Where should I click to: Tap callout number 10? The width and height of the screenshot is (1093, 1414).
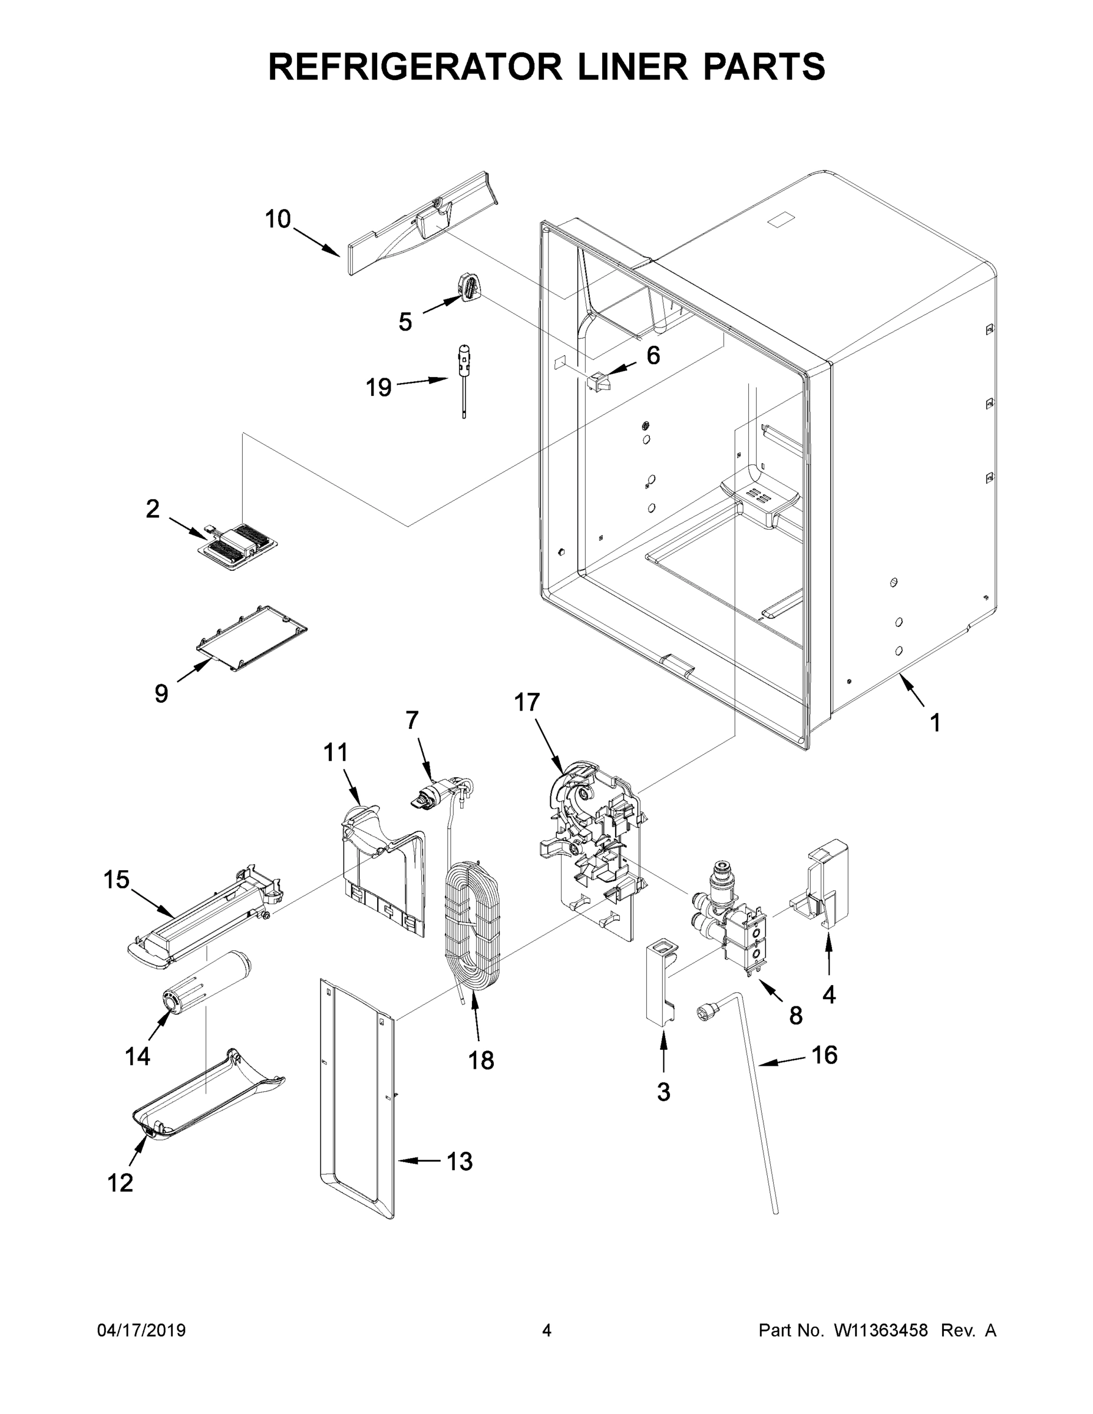(x=278, y=220)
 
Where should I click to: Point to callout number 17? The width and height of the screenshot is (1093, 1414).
(x=526, y=702)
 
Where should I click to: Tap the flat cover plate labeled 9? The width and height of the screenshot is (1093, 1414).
(x=251, y=637)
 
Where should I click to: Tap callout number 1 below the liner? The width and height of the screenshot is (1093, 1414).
(x=935, y=722)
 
